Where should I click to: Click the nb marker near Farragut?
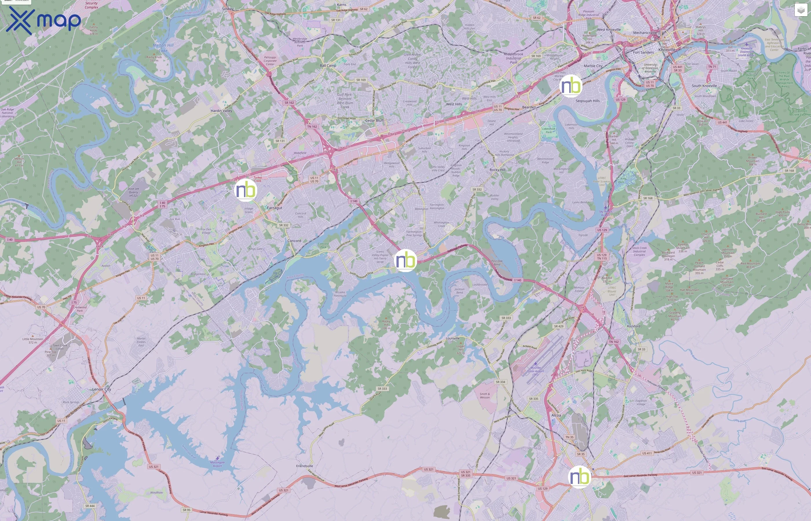pyautogui.click(x=245, y=190)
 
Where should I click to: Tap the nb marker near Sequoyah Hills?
pyautogui.click(x=571, y=86)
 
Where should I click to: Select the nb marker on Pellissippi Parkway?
pyautogui.click(x=405, y=260)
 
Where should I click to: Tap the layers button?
pyautogui.click(x=801, y=10)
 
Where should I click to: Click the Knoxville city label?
pyautogui.click(x=666, y=50)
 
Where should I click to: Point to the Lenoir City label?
pyautogui.click(x=102, y=389)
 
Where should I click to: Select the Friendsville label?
pyautogui.click(x=304, y=466)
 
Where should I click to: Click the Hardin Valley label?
pyautogui.click(x=221, y=111)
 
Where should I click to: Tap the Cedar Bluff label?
pyautogui.click(x=374, y=120)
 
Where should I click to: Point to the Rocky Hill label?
pyautogui.click(x=497, y=170)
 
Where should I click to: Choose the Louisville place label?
pyautogui.click(x=452, y=338)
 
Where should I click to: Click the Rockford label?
pyautogui.click(x=633, y=326)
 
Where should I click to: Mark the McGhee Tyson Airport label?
pyautogui.click(x=535, y=371)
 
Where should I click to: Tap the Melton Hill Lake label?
pyautogui.click(x=163, y=48)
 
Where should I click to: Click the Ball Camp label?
pyautogui.click(x=328, y=66)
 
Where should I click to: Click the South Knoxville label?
pyautogui.click(x=704, y=86)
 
